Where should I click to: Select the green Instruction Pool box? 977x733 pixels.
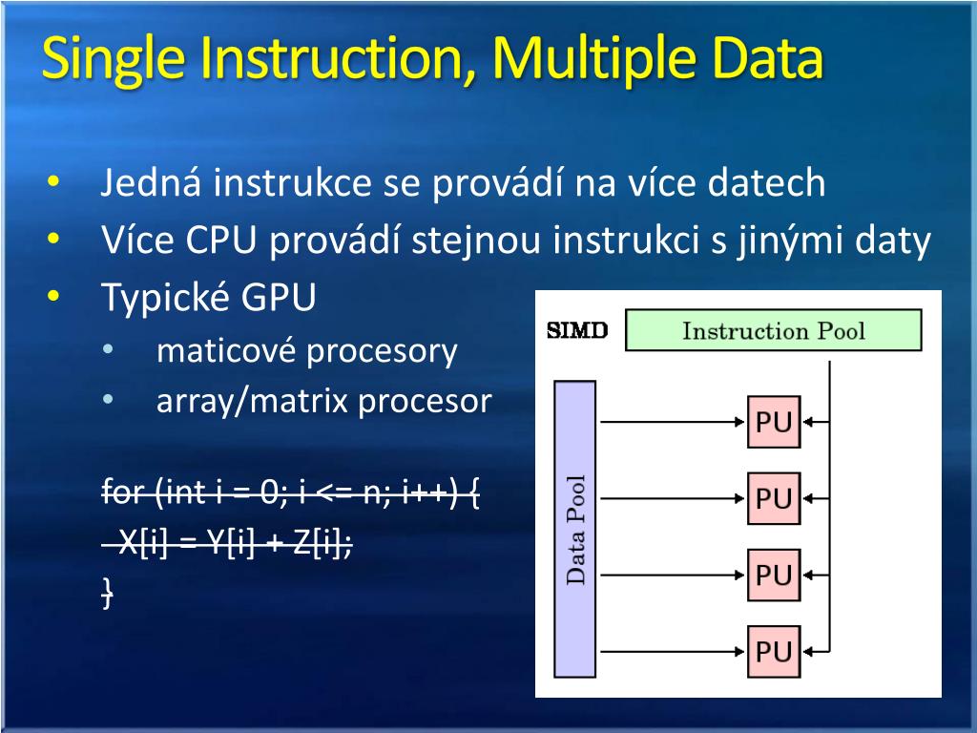click(773, 331)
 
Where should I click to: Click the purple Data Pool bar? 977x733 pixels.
click(574, 529)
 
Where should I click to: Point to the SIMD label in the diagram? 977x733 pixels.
click(576, 332)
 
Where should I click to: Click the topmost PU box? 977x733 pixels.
click(774, 422)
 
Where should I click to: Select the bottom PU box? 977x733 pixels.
click(774, 651)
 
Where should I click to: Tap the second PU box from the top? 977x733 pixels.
click(774, 498)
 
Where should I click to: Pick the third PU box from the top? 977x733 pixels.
click(774, 575)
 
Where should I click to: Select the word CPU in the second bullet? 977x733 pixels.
click(221, 241)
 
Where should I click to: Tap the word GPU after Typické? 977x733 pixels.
click(279, 299)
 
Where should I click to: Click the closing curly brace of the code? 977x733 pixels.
click(108, 593)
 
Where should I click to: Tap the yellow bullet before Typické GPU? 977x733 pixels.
click(52, 297)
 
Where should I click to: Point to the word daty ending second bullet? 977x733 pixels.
click(892, 241)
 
